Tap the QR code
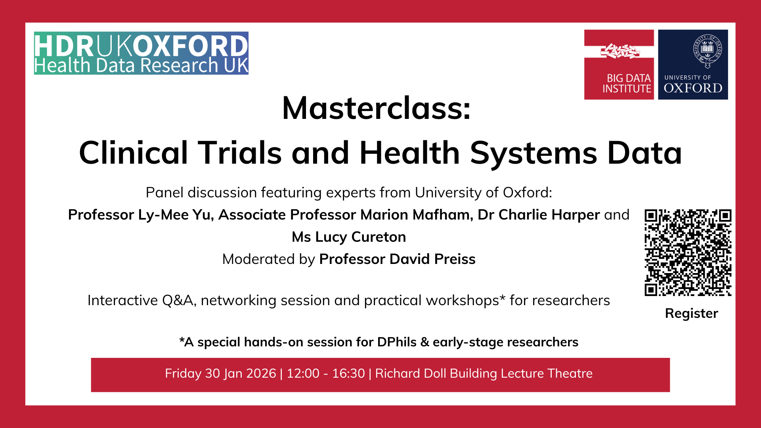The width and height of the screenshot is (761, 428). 688,252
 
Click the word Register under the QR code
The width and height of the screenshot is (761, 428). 691,313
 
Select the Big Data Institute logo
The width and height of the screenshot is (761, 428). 619,65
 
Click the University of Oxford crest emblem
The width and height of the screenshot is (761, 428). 707,51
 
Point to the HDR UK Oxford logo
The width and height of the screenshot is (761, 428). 141,53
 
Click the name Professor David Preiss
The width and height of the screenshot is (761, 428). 397,259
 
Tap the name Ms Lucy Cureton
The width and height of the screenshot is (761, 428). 349,237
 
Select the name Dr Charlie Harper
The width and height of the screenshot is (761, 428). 539,215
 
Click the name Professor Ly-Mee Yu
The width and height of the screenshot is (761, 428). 141,215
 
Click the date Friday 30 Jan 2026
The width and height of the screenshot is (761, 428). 220,374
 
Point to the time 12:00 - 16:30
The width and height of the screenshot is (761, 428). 326,374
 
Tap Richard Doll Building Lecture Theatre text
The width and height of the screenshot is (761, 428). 484,374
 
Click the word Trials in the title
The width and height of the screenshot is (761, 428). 240,153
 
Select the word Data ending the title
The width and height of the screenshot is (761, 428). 644,153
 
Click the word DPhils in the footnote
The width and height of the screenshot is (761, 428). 397,342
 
